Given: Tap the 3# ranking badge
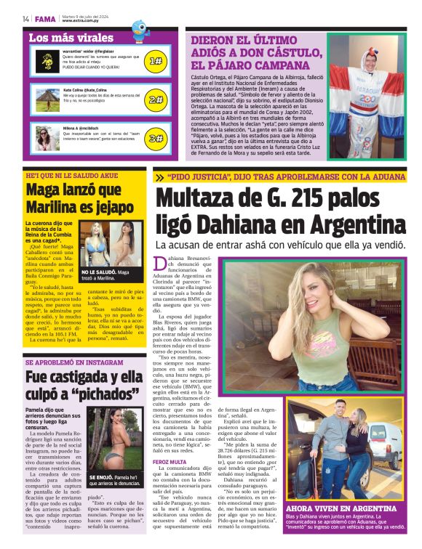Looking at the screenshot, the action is pyautogui.click(x=156, y=138).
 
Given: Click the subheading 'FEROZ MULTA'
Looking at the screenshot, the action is pyautogui.click(x=170, y=462).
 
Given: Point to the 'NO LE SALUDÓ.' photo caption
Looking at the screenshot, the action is pyautogui.click(x=99, y=272).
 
